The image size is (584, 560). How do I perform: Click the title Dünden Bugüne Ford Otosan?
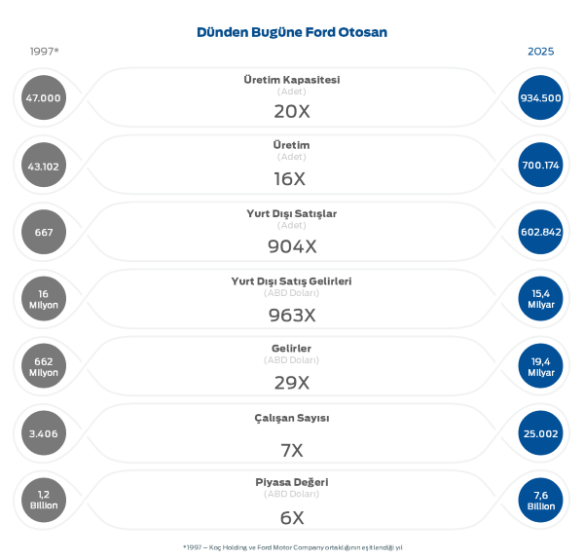pos(292,32)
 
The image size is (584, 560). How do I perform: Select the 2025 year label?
pos(540,51)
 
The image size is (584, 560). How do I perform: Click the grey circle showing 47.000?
pos(44,97)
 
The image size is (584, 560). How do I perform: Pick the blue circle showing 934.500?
pos(541,97)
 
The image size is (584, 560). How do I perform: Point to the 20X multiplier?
pos(292,111)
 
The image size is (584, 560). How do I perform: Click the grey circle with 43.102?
pos(44,166)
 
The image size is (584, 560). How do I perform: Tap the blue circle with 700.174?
pos(541,166)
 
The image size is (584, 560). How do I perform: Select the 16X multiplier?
pos(292,179)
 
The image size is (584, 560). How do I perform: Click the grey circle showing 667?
pos(44,232)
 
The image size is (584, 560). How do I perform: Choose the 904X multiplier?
pos(292,246)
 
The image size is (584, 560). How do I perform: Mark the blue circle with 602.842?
pos(541,232)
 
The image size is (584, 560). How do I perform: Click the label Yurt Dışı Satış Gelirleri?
pos(292,280)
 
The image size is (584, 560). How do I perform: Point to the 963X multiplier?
pos(292,315)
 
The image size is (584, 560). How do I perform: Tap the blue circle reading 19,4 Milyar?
pos(541,366)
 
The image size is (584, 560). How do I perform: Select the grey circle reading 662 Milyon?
pos(44,366)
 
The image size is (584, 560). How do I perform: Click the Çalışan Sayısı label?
pos(292,418)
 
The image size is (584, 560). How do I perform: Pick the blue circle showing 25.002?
pos(541,433)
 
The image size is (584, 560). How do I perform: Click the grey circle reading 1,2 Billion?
pos(44,501)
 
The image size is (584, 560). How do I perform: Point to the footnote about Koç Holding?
pos(292,546)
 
